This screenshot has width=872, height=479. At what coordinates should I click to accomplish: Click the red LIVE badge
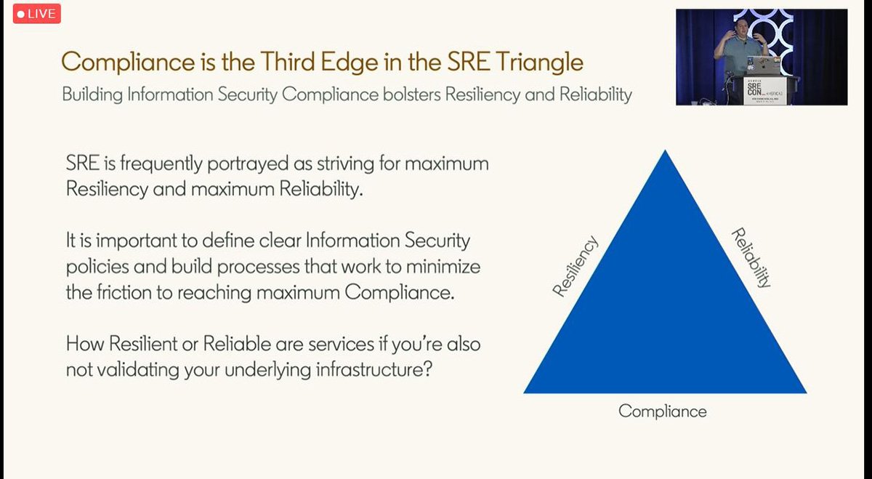36,14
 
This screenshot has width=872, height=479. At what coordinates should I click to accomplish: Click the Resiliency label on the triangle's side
575,266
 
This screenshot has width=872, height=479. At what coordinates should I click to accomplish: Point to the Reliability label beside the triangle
750,258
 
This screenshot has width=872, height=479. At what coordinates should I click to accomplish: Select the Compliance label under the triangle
662,411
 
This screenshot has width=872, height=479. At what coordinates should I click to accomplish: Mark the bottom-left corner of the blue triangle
525,393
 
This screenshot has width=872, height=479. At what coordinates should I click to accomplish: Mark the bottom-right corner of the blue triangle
805,393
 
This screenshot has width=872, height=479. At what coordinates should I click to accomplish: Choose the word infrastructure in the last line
371,369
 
